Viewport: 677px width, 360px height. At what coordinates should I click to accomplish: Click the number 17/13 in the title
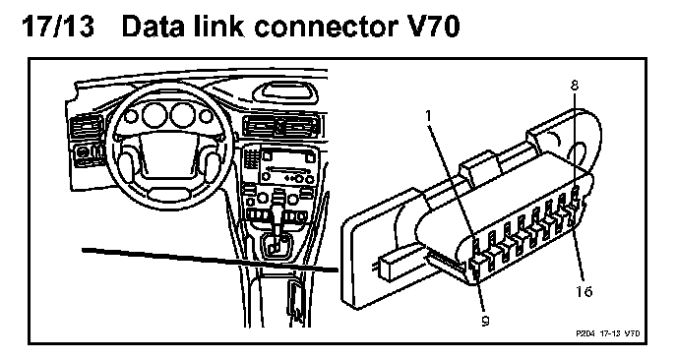click(58, 27)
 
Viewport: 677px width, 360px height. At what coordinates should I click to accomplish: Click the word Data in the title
click(152, 27)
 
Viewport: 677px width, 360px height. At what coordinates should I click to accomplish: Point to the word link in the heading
click(216, 27)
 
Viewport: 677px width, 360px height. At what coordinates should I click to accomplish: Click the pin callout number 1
click(429, 116)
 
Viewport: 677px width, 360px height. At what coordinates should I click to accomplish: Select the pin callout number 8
click(575, 86)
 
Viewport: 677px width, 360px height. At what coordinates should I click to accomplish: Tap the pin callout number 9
click(486, 321)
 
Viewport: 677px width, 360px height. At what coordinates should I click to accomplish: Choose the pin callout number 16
click(584, 291)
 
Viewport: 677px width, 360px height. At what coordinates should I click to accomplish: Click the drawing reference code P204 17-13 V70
click(608, 333)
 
